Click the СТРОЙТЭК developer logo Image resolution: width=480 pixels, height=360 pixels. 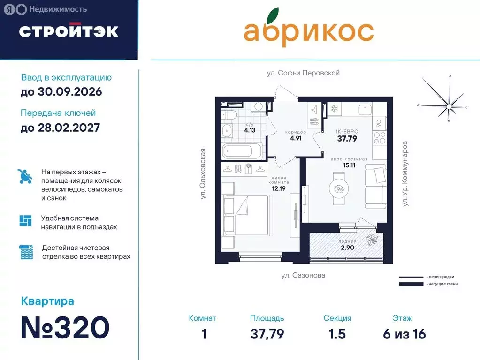[69, 31]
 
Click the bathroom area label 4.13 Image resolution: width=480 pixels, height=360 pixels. [250, 131]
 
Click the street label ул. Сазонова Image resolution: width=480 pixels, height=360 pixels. [303, 276]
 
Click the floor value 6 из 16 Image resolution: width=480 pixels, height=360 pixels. [404, 334]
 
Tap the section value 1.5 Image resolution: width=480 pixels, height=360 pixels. [337, 334]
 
